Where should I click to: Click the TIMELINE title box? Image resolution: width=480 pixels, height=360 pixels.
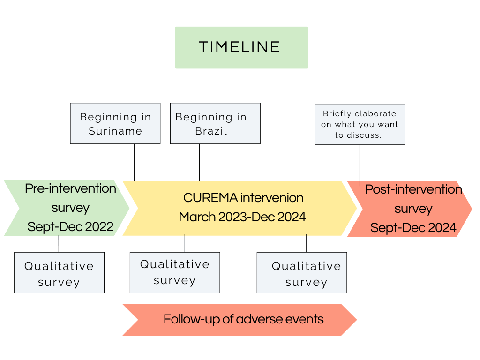(x=241, y=47)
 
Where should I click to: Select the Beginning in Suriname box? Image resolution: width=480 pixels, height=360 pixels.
(x=115, y=123)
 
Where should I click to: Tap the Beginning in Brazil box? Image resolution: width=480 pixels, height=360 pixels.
(x=215, y=123)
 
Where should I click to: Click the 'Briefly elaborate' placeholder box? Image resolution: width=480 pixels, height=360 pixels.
(x=360, y=124)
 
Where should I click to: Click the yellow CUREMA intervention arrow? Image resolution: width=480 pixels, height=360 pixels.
(x=240, y=208)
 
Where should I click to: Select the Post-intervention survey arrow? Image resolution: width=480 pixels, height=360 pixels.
(x=410, y=209)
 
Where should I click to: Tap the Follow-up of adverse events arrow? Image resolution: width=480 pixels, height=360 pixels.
(x=240, y=320)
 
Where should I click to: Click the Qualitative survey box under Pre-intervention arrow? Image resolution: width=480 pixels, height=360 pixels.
(x=60, y=273)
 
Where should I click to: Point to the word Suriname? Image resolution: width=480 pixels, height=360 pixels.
(x=115, y=131)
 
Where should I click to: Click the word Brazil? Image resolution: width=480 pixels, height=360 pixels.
(x=211, y=131)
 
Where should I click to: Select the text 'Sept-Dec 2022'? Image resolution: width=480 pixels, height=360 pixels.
(x=70, y=227)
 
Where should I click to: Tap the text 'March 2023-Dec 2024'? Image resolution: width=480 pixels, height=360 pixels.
(x=242, y=217)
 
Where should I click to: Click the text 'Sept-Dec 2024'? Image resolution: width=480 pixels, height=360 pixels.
(x=413, y=228)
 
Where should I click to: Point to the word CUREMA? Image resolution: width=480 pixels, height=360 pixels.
(x=210, y=198)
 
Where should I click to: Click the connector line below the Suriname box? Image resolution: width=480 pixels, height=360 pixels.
(x=135, y=162)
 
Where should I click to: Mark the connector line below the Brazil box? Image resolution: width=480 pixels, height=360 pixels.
(x=200, y=162)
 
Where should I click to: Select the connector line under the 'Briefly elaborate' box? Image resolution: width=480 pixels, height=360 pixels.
(x=360, y=165)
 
